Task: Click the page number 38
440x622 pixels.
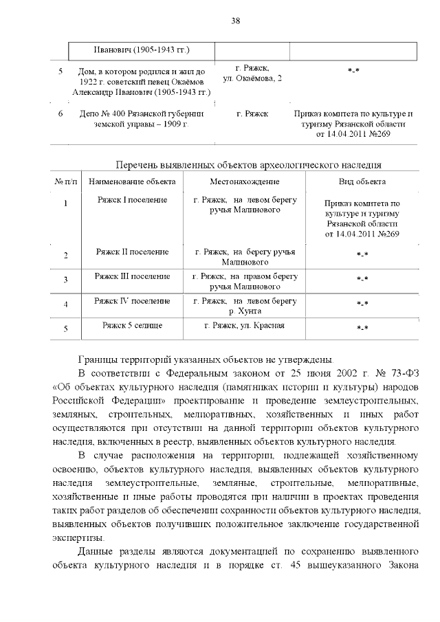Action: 235,21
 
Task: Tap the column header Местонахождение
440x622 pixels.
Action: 245,181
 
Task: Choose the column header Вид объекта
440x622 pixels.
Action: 362,181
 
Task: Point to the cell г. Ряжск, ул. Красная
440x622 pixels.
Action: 245,325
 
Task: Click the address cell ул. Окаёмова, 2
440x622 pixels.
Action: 252,80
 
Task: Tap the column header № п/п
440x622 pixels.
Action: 66,181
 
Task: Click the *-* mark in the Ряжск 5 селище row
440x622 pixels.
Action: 362,329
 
